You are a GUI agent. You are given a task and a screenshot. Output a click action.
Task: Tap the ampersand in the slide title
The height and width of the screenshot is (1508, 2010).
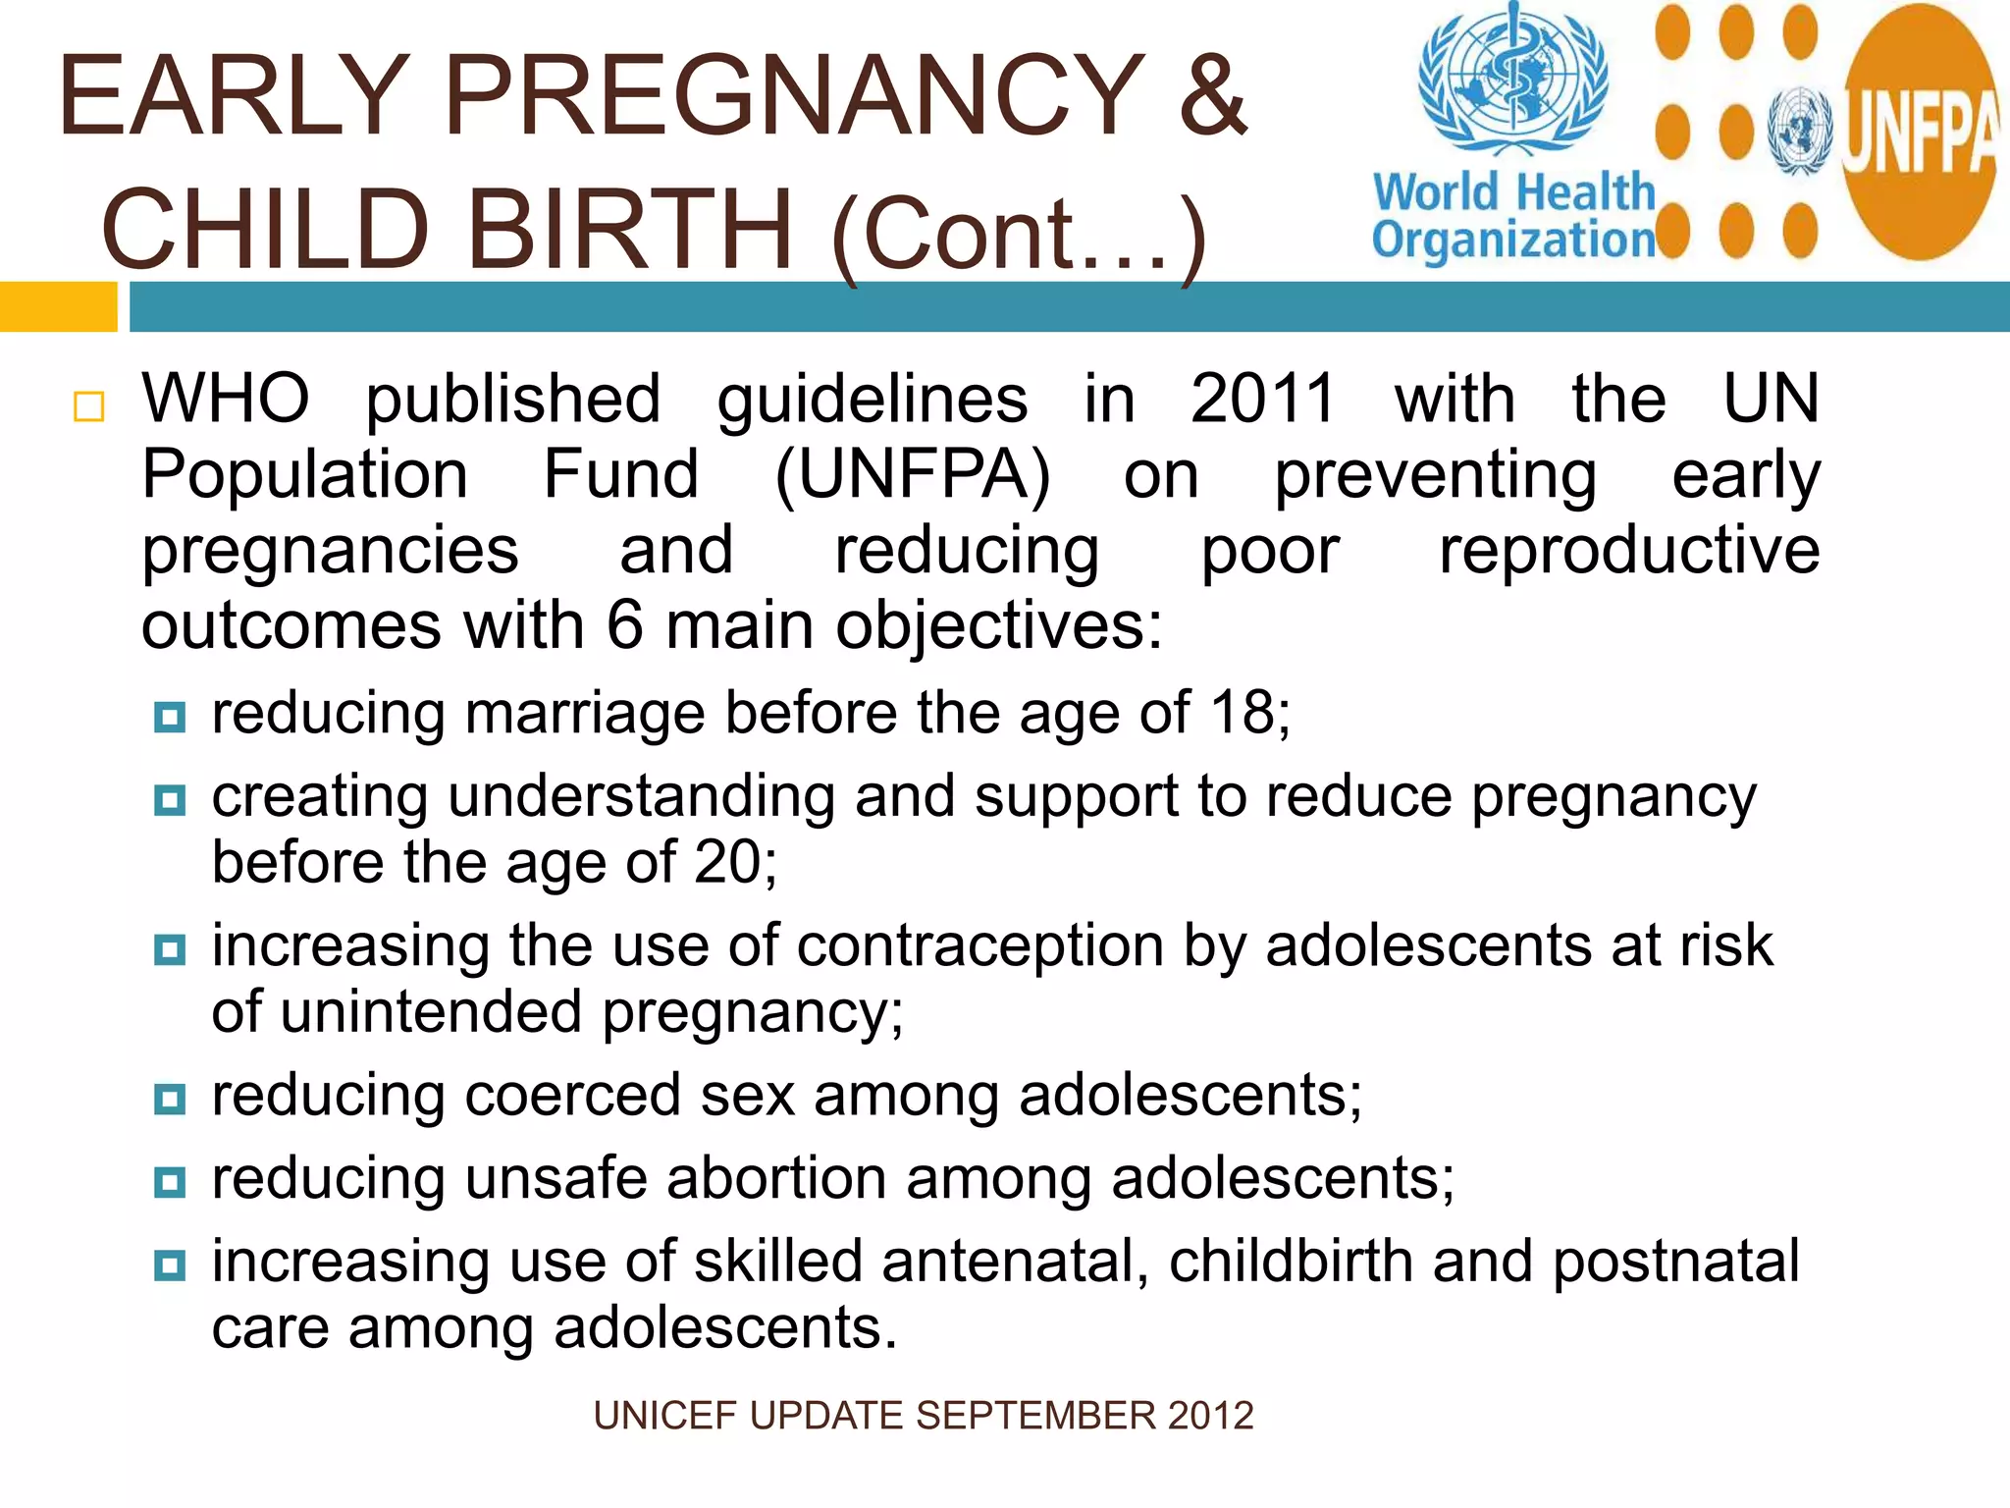pos(1213,95)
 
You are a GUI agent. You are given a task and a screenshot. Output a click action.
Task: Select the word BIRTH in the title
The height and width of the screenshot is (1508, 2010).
pos(628,231)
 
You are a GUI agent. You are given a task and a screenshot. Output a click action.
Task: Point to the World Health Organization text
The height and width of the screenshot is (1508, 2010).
pos(1513,216)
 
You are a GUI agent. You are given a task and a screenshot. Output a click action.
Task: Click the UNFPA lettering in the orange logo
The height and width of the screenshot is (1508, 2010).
pos(1919,136)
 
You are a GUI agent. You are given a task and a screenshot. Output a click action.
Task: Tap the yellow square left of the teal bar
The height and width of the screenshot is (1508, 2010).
pos(58,306)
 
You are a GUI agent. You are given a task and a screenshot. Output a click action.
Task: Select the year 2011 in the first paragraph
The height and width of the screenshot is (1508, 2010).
pos(1263,400)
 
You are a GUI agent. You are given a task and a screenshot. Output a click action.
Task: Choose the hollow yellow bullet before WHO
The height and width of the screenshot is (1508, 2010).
pos(89,406)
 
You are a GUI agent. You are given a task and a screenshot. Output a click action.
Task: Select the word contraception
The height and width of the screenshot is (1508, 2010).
pos(980,945)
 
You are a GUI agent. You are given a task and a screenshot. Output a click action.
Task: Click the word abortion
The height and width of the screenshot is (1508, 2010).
pos(776,1178)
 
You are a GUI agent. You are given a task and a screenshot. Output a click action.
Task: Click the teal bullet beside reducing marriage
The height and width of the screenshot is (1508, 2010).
pos(170,717)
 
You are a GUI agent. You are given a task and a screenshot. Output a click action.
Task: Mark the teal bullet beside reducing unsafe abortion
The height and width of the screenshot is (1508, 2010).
pos(170,1182)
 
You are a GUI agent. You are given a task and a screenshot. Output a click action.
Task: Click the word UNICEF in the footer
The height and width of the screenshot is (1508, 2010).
pos(664,1416)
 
